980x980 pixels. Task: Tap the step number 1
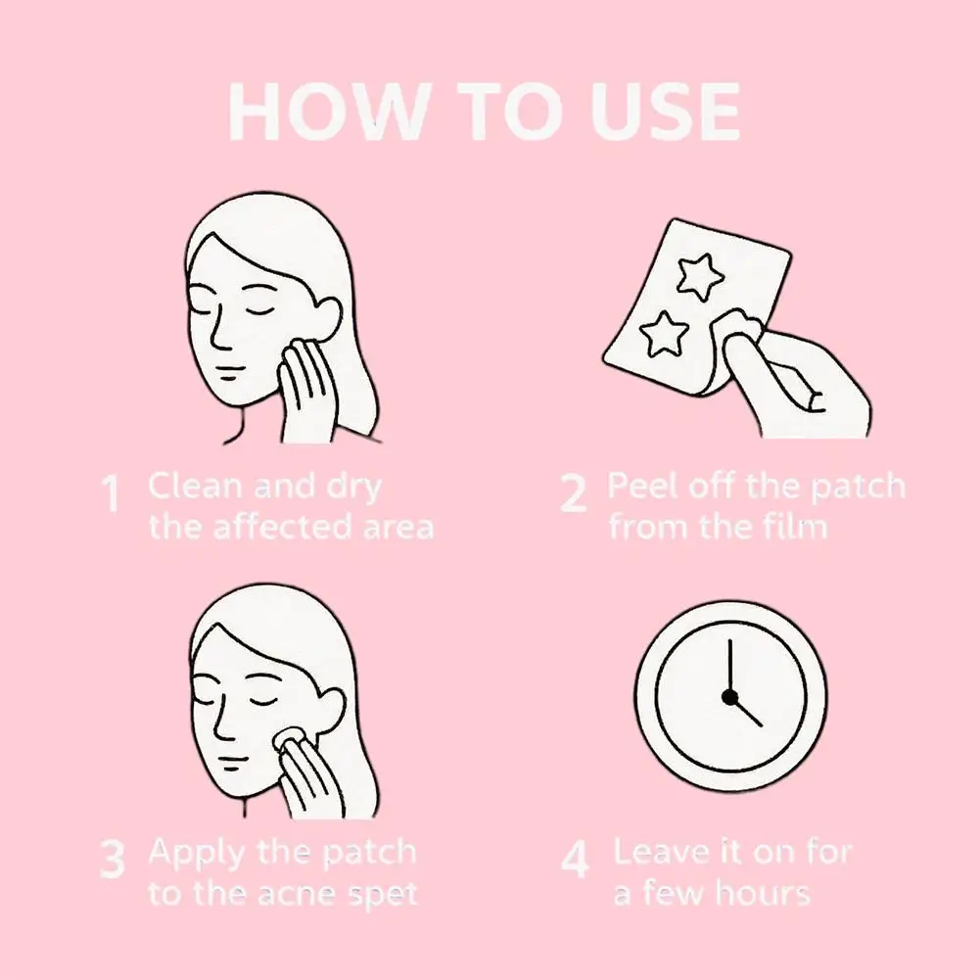coord(113,494)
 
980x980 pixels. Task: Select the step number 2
coord(574,494)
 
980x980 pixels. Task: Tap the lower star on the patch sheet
coord(661,334)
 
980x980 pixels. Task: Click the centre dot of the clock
coord(729,696)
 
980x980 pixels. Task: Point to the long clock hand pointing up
coord(729,666)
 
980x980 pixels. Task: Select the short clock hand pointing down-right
coord(746,712)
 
